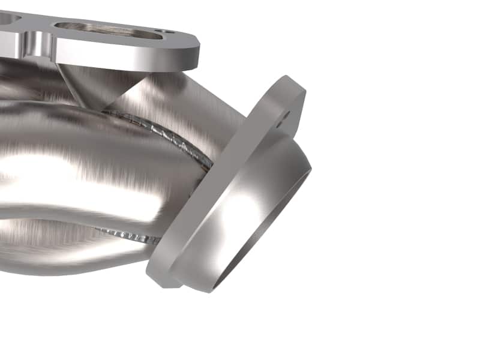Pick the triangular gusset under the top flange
tap(96, 84)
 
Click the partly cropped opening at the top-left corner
tap(7, 19)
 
